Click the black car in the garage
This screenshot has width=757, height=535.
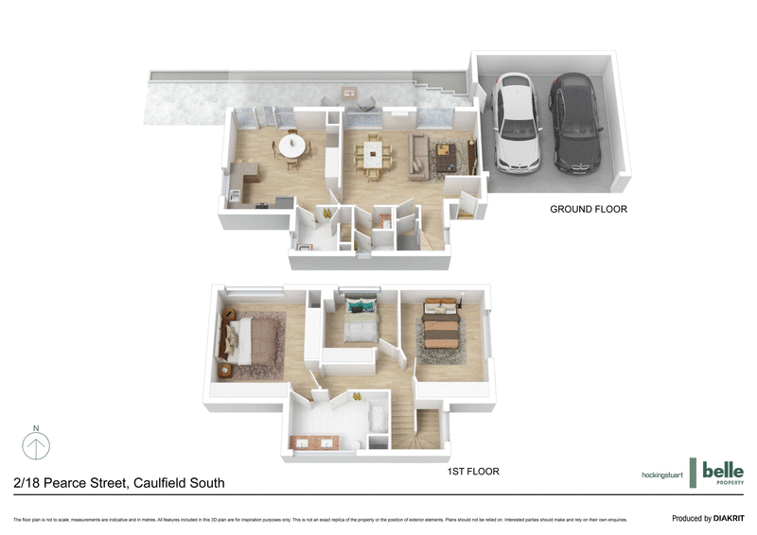coord(575,123)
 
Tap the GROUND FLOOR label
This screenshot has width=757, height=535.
coord(589,210)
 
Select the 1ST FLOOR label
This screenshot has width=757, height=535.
coord(473,471)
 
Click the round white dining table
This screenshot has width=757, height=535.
coord(291,147)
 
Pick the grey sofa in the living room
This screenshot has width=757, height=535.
coord(417,156)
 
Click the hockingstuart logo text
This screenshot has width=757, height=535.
coord(661,474)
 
